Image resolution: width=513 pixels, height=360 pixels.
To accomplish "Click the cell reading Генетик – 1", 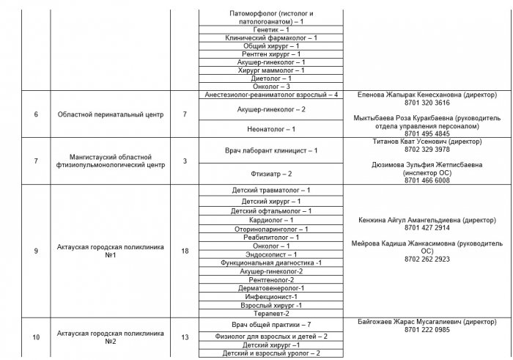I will tap(271, 30).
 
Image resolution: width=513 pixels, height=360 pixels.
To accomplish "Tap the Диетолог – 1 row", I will tap(271, 78).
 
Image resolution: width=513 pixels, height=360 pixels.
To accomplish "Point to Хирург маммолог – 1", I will tap(271, 70).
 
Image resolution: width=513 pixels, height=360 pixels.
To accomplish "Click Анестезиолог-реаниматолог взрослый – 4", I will tap(271, 95).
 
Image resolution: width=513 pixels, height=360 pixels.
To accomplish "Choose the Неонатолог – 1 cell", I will tap(271, 129).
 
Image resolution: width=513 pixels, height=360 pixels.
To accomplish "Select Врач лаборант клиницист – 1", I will tap(271, 150).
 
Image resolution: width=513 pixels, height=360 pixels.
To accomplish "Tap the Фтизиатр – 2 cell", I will tap(271, 174).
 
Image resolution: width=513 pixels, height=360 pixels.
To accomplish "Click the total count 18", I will tap(185, 251).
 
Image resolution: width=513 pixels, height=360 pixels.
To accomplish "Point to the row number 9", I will tap(36, 251).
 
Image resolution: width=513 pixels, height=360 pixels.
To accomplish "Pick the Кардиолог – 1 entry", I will tap(271, 220).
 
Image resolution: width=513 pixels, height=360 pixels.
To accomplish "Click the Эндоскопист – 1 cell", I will tap(271, 254).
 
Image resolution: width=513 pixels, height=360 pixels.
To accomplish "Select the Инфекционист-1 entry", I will tap(271, 297).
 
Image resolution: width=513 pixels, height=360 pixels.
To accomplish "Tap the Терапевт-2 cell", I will tap(271, 313).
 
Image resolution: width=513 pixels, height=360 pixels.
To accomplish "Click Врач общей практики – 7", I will tap(271, 324).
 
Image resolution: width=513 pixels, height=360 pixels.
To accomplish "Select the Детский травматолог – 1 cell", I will tap(271, 190).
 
